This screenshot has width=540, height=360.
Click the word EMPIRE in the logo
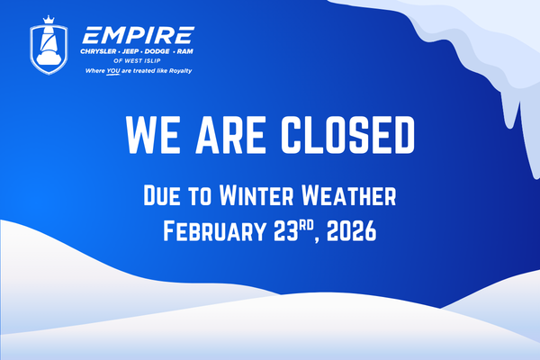(x=137, y=36)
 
